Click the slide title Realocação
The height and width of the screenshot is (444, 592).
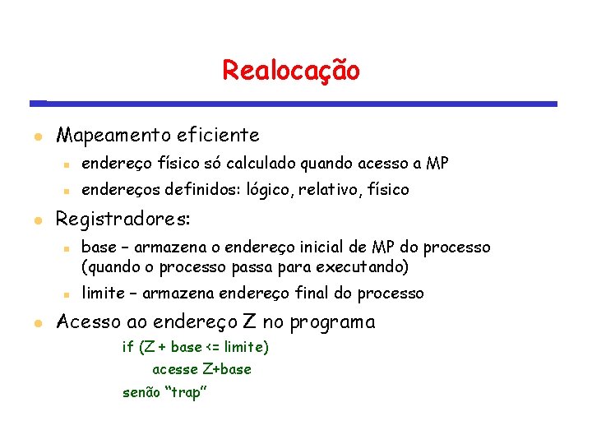pyautogui.click(x=290, y=71)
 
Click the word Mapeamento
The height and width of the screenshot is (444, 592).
pyautogui.click(x=113, y=135)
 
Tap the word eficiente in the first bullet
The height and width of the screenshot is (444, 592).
pyautogui.click(x=218, y=135)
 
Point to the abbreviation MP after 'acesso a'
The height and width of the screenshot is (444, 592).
pyautogui.click(x=437, y=164)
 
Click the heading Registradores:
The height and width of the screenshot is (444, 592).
pyautogui.click(x=123, y=220)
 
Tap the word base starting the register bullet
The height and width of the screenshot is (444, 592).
pyautogui.click(x=99, y=247)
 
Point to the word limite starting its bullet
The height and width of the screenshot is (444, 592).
pyautogui.click(x=103, y=294)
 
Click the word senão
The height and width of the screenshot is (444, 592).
pyautogui.click(x=141, y=392)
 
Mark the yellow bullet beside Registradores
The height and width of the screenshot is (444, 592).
pyautogui.click(x=38, y=220)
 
